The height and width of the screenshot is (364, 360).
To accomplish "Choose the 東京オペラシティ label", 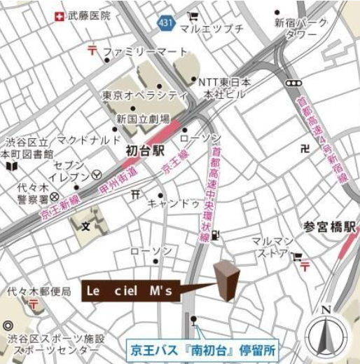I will (144, 95).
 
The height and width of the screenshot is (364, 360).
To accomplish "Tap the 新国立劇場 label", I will (143, 119).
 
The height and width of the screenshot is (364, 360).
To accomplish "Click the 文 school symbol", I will (86, 227).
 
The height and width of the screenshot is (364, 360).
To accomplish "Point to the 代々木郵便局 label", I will (35, 290).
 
